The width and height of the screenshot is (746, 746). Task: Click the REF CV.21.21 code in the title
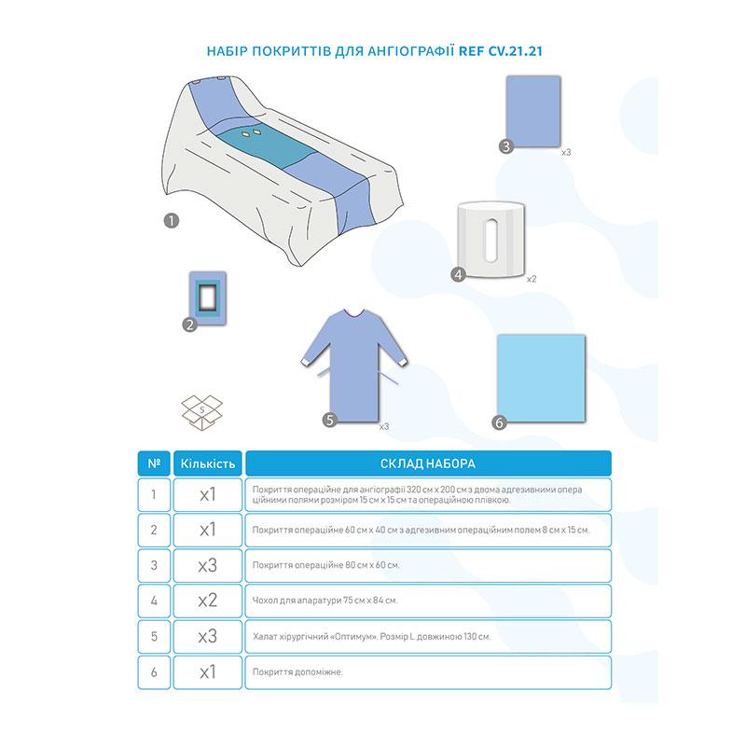tap(500, 51)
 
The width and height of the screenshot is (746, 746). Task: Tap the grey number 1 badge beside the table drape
tap(172, 221)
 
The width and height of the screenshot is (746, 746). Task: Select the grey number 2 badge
tap(190, 325)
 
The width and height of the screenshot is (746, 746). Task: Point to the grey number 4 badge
tap(458, 274)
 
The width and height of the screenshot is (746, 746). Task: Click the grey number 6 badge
tap(499, 422)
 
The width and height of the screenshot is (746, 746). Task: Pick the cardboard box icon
tap(202, 412)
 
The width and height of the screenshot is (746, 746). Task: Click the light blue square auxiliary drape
tap(542, 378)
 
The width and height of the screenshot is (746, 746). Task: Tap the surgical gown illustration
tap(354, 364)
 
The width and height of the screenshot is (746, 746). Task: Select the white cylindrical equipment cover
tap(491, 240)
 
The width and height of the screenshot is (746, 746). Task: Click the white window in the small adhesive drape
tap(207, 298)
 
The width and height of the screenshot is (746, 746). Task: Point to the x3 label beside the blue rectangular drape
tap(566, 152)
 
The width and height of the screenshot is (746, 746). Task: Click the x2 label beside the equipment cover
tap(532, 279)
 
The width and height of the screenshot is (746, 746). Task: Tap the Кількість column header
tap(208, 463)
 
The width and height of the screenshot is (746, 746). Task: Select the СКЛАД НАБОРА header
tap(428, 463)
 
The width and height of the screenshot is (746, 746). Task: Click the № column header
tap(154, 463)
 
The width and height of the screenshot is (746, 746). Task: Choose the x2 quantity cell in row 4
tap(208, 601)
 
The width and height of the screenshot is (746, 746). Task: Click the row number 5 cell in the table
tap(154, 637)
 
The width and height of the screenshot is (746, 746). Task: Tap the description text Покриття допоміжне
tap(297, 672)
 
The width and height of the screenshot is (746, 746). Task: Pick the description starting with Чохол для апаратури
tap(325, 601)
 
